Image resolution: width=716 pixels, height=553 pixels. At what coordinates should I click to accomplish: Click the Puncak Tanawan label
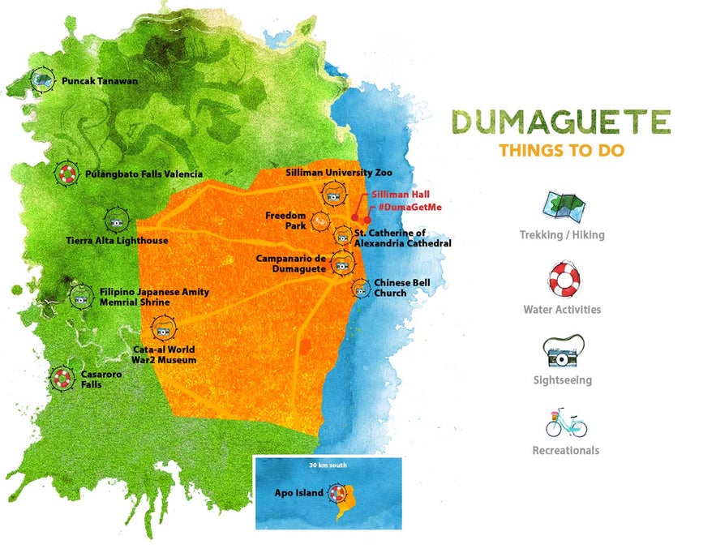click(100, 81)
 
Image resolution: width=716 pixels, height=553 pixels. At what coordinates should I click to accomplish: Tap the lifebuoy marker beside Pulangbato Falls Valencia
click(67, 174)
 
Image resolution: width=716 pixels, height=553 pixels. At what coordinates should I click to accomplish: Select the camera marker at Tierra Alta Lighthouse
click(116, 219)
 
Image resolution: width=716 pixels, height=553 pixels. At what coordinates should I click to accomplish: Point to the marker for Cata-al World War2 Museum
click(163, 329)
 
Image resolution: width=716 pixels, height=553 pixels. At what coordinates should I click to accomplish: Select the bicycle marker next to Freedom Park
click(320, 219)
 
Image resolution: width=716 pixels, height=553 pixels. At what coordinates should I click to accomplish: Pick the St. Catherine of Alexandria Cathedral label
click(402, 238)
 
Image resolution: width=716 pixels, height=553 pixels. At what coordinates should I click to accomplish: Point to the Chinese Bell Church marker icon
click(361, 287)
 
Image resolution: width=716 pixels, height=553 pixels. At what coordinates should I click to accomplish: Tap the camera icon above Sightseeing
click(562, 353)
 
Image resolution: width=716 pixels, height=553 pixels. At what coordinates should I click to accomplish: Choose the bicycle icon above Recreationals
click(565, 422)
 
